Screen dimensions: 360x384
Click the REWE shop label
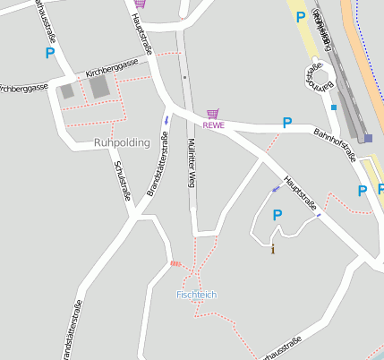coord(213,125)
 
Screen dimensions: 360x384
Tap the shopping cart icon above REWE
coord(212,114)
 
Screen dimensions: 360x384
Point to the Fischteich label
coord(196,295)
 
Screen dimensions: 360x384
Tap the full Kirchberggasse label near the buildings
coord(112,67)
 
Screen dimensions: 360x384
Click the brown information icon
coord(273,250)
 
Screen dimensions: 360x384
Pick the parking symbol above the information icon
coord(277,215)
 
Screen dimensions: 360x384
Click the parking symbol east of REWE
coord(287,123)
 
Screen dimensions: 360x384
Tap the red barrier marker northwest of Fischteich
coord(175,263)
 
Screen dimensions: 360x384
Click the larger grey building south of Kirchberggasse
coord(98,87)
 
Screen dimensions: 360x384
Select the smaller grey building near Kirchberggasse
coord(67,90)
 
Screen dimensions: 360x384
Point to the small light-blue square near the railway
coord(334,107)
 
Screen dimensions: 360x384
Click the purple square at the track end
coord(368,138)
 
